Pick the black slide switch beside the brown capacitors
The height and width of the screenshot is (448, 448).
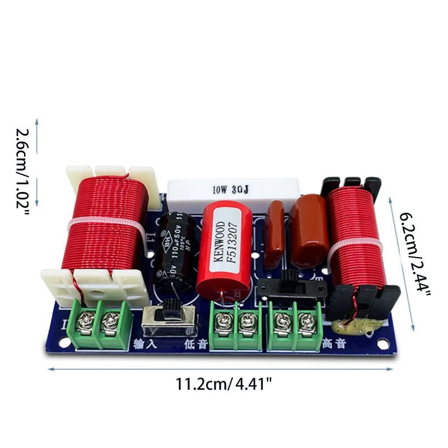pyautogui.click(x=291, y=285)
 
